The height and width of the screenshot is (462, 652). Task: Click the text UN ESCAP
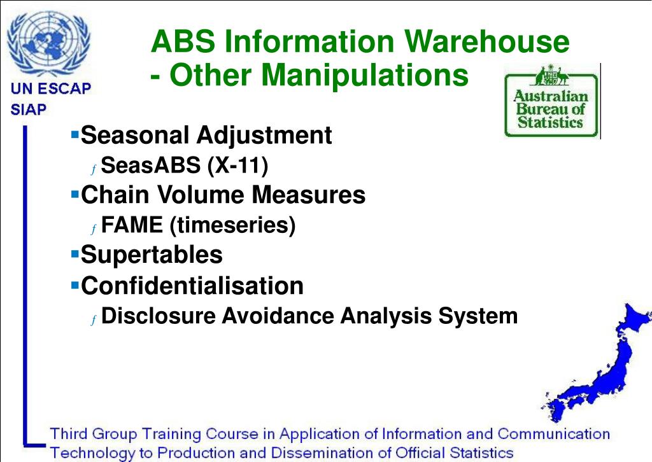click(50, 89)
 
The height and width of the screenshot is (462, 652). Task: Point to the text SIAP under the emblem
click(29, 109)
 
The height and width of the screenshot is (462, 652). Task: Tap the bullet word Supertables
click(152, 255)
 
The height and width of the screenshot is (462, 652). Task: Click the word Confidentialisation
click(192, 285)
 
